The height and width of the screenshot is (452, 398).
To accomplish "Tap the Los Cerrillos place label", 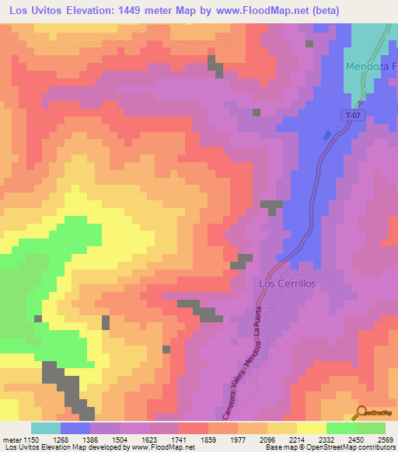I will click(286, 284).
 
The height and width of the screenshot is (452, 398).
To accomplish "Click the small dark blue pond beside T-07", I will click(326, 134).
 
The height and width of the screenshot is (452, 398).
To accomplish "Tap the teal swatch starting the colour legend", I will click(45, 428).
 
